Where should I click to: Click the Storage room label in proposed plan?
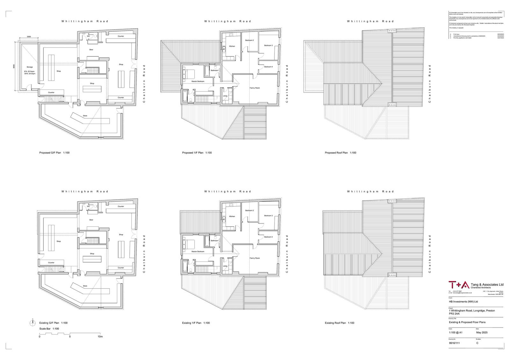point(30,67)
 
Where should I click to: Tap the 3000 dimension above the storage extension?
point(29,37)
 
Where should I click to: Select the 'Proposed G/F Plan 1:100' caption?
point(54,153)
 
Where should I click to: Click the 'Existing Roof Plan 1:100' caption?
point(339,323)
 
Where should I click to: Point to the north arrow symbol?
point(32,323)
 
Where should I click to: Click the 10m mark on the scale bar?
point(100,336)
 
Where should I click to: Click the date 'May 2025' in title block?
point(482,332)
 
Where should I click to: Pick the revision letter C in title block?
point(477,343)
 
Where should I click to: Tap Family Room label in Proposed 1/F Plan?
point(254,88)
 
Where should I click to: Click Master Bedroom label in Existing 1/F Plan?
point(198,251)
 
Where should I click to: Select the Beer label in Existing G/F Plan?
point(91,220)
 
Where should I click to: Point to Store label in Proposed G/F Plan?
point(85,116)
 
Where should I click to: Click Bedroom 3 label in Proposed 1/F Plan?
point(268,46)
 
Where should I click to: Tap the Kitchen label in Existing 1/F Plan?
point(232,216)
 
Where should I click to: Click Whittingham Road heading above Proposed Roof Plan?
point(370,21)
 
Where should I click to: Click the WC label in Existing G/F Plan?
point(89,206)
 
